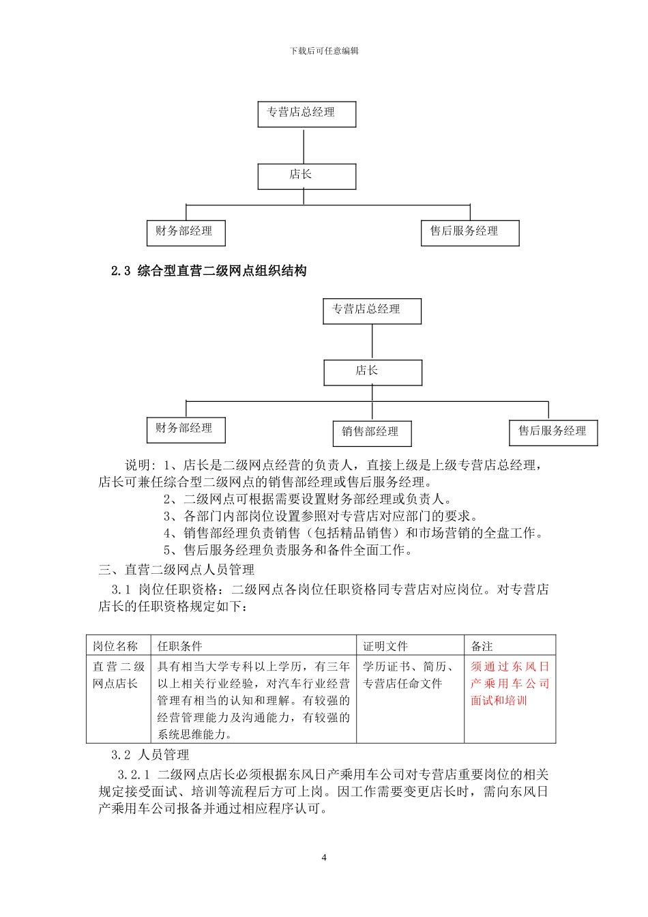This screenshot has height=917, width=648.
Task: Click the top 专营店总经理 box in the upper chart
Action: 306,113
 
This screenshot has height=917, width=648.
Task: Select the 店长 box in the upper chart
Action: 306,176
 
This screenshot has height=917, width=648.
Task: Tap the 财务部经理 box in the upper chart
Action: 186,232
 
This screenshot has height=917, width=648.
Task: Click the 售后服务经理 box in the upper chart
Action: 469,232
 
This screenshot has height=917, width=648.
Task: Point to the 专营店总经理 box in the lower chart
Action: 372,310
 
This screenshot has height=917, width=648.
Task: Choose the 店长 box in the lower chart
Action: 372,372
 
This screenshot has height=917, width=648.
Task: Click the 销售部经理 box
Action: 372,433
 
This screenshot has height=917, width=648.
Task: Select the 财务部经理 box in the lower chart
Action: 186,429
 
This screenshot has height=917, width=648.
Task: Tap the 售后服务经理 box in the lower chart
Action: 553,432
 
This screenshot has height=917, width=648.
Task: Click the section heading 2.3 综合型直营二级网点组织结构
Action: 209,271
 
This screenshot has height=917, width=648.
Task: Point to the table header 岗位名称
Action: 115,646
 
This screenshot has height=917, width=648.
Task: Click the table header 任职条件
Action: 180,646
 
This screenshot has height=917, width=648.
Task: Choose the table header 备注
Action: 482,646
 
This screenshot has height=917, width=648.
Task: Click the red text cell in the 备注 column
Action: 510,684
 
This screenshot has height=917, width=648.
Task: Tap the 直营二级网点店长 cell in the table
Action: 118,675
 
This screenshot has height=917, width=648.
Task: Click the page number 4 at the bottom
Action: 324,858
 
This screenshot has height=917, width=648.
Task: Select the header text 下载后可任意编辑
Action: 324,51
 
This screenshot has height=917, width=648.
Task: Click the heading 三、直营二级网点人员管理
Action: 177,570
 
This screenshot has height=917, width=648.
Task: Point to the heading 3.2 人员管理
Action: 150,755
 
